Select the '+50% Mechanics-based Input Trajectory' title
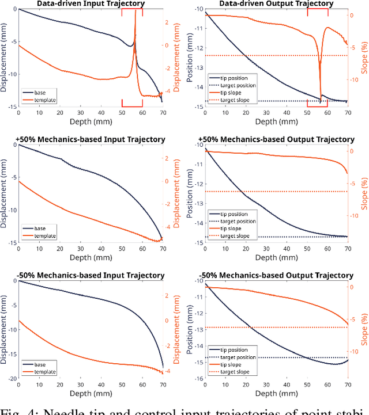[92, 139]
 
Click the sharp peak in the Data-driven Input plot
[135, 13]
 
